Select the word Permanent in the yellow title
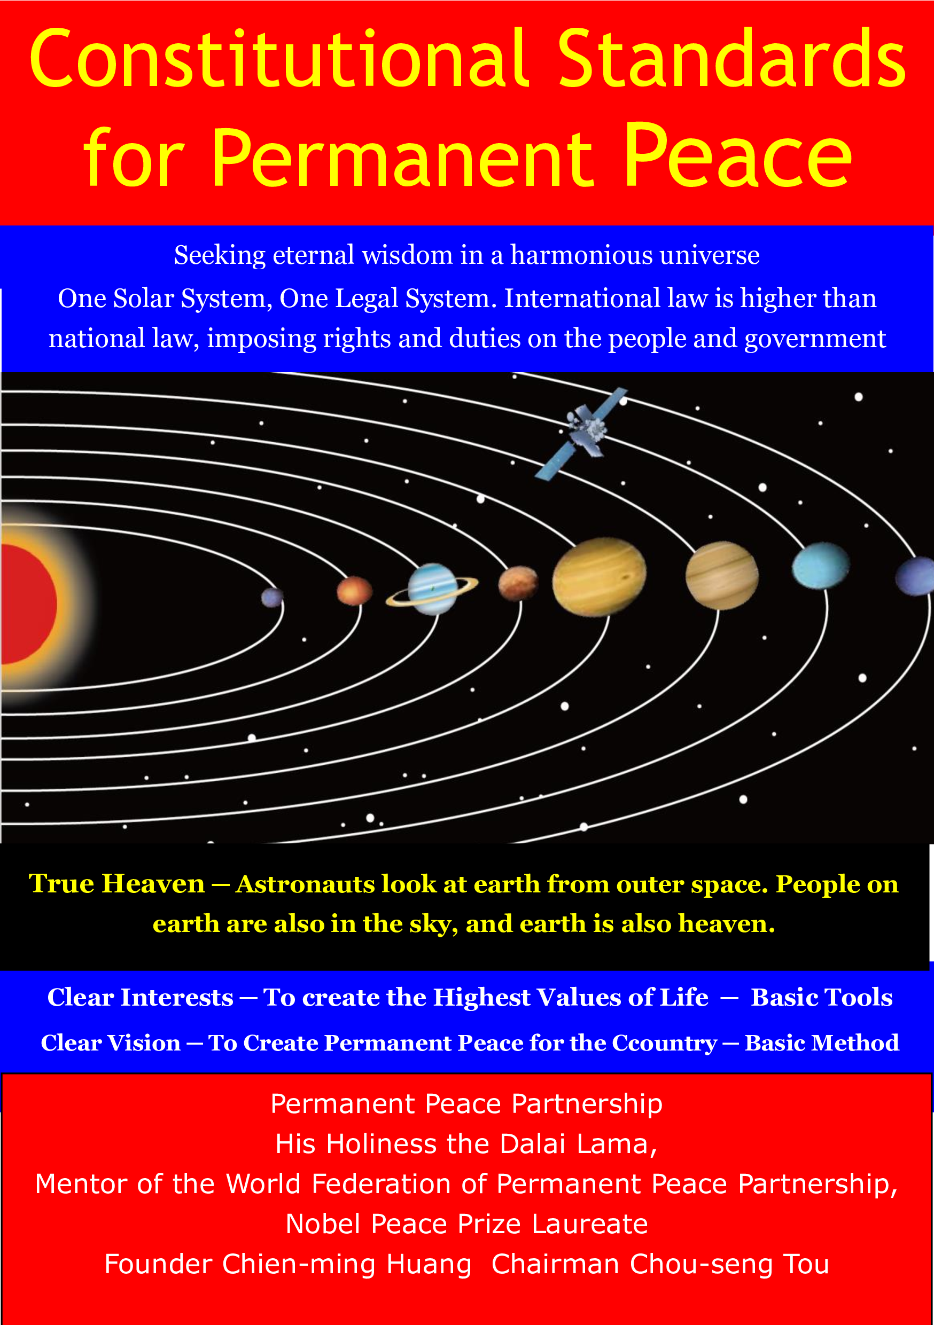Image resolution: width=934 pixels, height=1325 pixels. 403,157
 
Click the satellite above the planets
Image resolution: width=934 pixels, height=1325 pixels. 580,433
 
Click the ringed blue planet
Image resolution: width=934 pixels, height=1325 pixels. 432,589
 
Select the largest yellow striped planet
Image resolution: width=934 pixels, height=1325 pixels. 599,576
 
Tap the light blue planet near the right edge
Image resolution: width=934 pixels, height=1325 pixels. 820,566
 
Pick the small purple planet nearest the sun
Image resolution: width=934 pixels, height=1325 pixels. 272,597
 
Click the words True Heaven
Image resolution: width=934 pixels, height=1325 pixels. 116,884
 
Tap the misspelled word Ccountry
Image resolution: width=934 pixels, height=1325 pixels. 664,1043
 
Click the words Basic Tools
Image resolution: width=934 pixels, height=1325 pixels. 821,997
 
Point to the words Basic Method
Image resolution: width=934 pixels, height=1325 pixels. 821,1043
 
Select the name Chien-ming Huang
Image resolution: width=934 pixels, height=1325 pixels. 347,1264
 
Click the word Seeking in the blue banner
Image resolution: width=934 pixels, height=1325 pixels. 220,256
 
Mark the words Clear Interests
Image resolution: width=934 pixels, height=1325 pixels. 141,997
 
